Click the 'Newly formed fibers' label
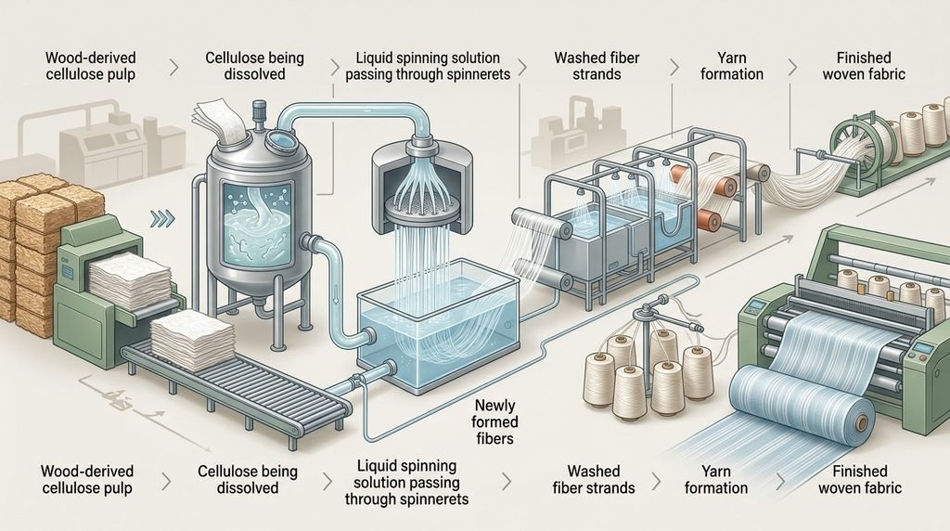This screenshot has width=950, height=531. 495,421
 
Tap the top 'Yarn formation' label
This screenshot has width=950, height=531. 732,66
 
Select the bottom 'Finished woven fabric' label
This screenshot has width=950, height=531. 860,479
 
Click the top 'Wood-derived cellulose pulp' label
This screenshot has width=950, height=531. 90,66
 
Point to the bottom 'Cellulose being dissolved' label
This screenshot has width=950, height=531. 248,479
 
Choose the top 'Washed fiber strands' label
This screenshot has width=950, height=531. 597,66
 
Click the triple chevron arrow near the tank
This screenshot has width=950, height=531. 161,218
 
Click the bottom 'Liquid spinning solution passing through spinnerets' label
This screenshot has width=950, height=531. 406,483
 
